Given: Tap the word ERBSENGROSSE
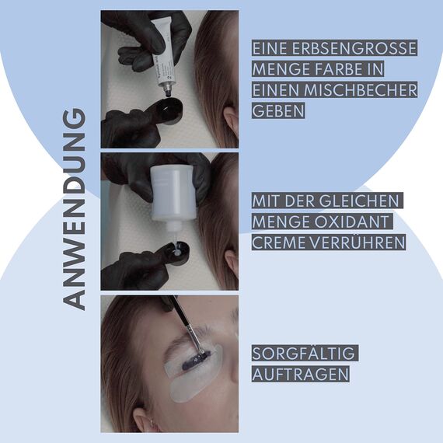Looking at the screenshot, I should pos(351,48).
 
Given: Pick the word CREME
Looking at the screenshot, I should pos(277,242).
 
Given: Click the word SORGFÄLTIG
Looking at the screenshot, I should pos(304,354).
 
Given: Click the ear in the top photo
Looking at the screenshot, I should pos(230,117).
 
